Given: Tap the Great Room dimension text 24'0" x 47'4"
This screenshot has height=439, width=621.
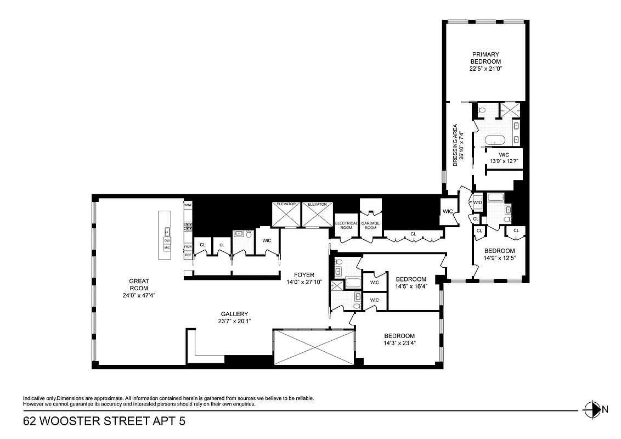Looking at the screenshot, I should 139,295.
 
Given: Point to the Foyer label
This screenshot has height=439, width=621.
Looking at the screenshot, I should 304,275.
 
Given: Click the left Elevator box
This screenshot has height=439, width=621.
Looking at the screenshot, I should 286,214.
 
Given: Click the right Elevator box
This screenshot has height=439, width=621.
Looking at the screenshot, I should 317,214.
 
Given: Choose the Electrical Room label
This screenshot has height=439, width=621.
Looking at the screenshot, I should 346,225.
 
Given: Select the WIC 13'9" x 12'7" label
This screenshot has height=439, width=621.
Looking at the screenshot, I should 504,158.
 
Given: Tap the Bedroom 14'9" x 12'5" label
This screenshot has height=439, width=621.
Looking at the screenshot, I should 499,254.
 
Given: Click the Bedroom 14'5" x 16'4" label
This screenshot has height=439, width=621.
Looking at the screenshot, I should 411,282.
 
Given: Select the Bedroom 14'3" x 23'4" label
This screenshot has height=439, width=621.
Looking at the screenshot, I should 399,339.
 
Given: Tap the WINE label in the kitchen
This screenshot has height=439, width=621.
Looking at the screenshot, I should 188,205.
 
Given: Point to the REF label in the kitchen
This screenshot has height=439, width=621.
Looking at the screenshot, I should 188,255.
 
